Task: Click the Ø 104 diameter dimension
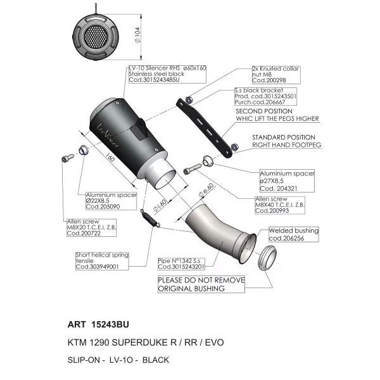pos(137,35)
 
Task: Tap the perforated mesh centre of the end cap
pos(96,37)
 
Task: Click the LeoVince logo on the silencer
pos(108,136)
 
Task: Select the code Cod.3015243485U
pos(154,80)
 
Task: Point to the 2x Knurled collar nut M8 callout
pos(275,75)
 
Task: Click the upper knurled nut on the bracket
pos(189,100)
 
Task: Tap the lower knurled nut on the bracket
pos(234,147)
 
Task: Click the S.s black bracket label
pos(265,96)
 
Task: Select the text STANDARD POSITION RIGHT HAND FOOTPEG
pos(286,141)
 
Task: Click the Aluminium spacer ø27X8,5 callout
pos(287,180)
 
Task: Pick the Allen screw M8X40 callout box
pos(280,205)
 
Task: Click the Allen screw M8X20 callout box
pos(91,227)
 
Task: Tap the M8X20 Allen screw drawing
pos(68,158)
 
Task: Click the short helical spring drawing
pos(150,218)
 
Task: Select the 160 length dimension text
pos(110,158)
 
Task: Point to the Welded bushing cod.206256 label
pos(293,234)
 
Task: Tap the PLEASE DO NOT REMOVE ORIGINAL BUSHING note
pos(201,284)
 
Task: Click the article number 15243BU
pos(110,324)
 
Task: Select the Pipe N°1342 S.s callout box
pos(181,264)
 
